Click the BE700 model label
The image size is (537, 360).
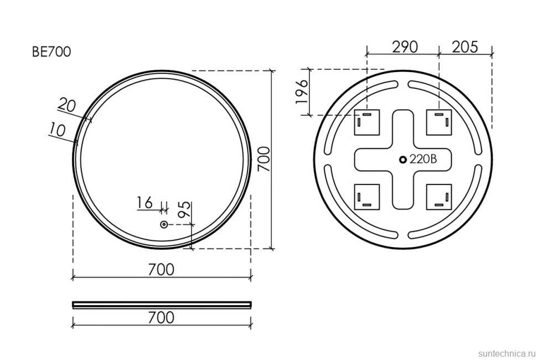[x=51, y=52]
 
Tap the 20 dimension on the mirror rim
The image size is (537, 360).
[x=66, y=105]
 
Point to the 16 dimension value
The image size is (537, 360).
[x=144, y=203]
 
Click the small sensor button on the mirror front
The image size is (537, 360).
[x=164, y=225]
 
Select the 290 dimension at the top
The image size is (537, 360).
[x=405, y=47]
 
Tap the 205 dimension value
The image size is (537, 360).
[x=464, y=47]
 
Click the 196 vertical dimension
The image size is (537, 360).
[x=302, y=92]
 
